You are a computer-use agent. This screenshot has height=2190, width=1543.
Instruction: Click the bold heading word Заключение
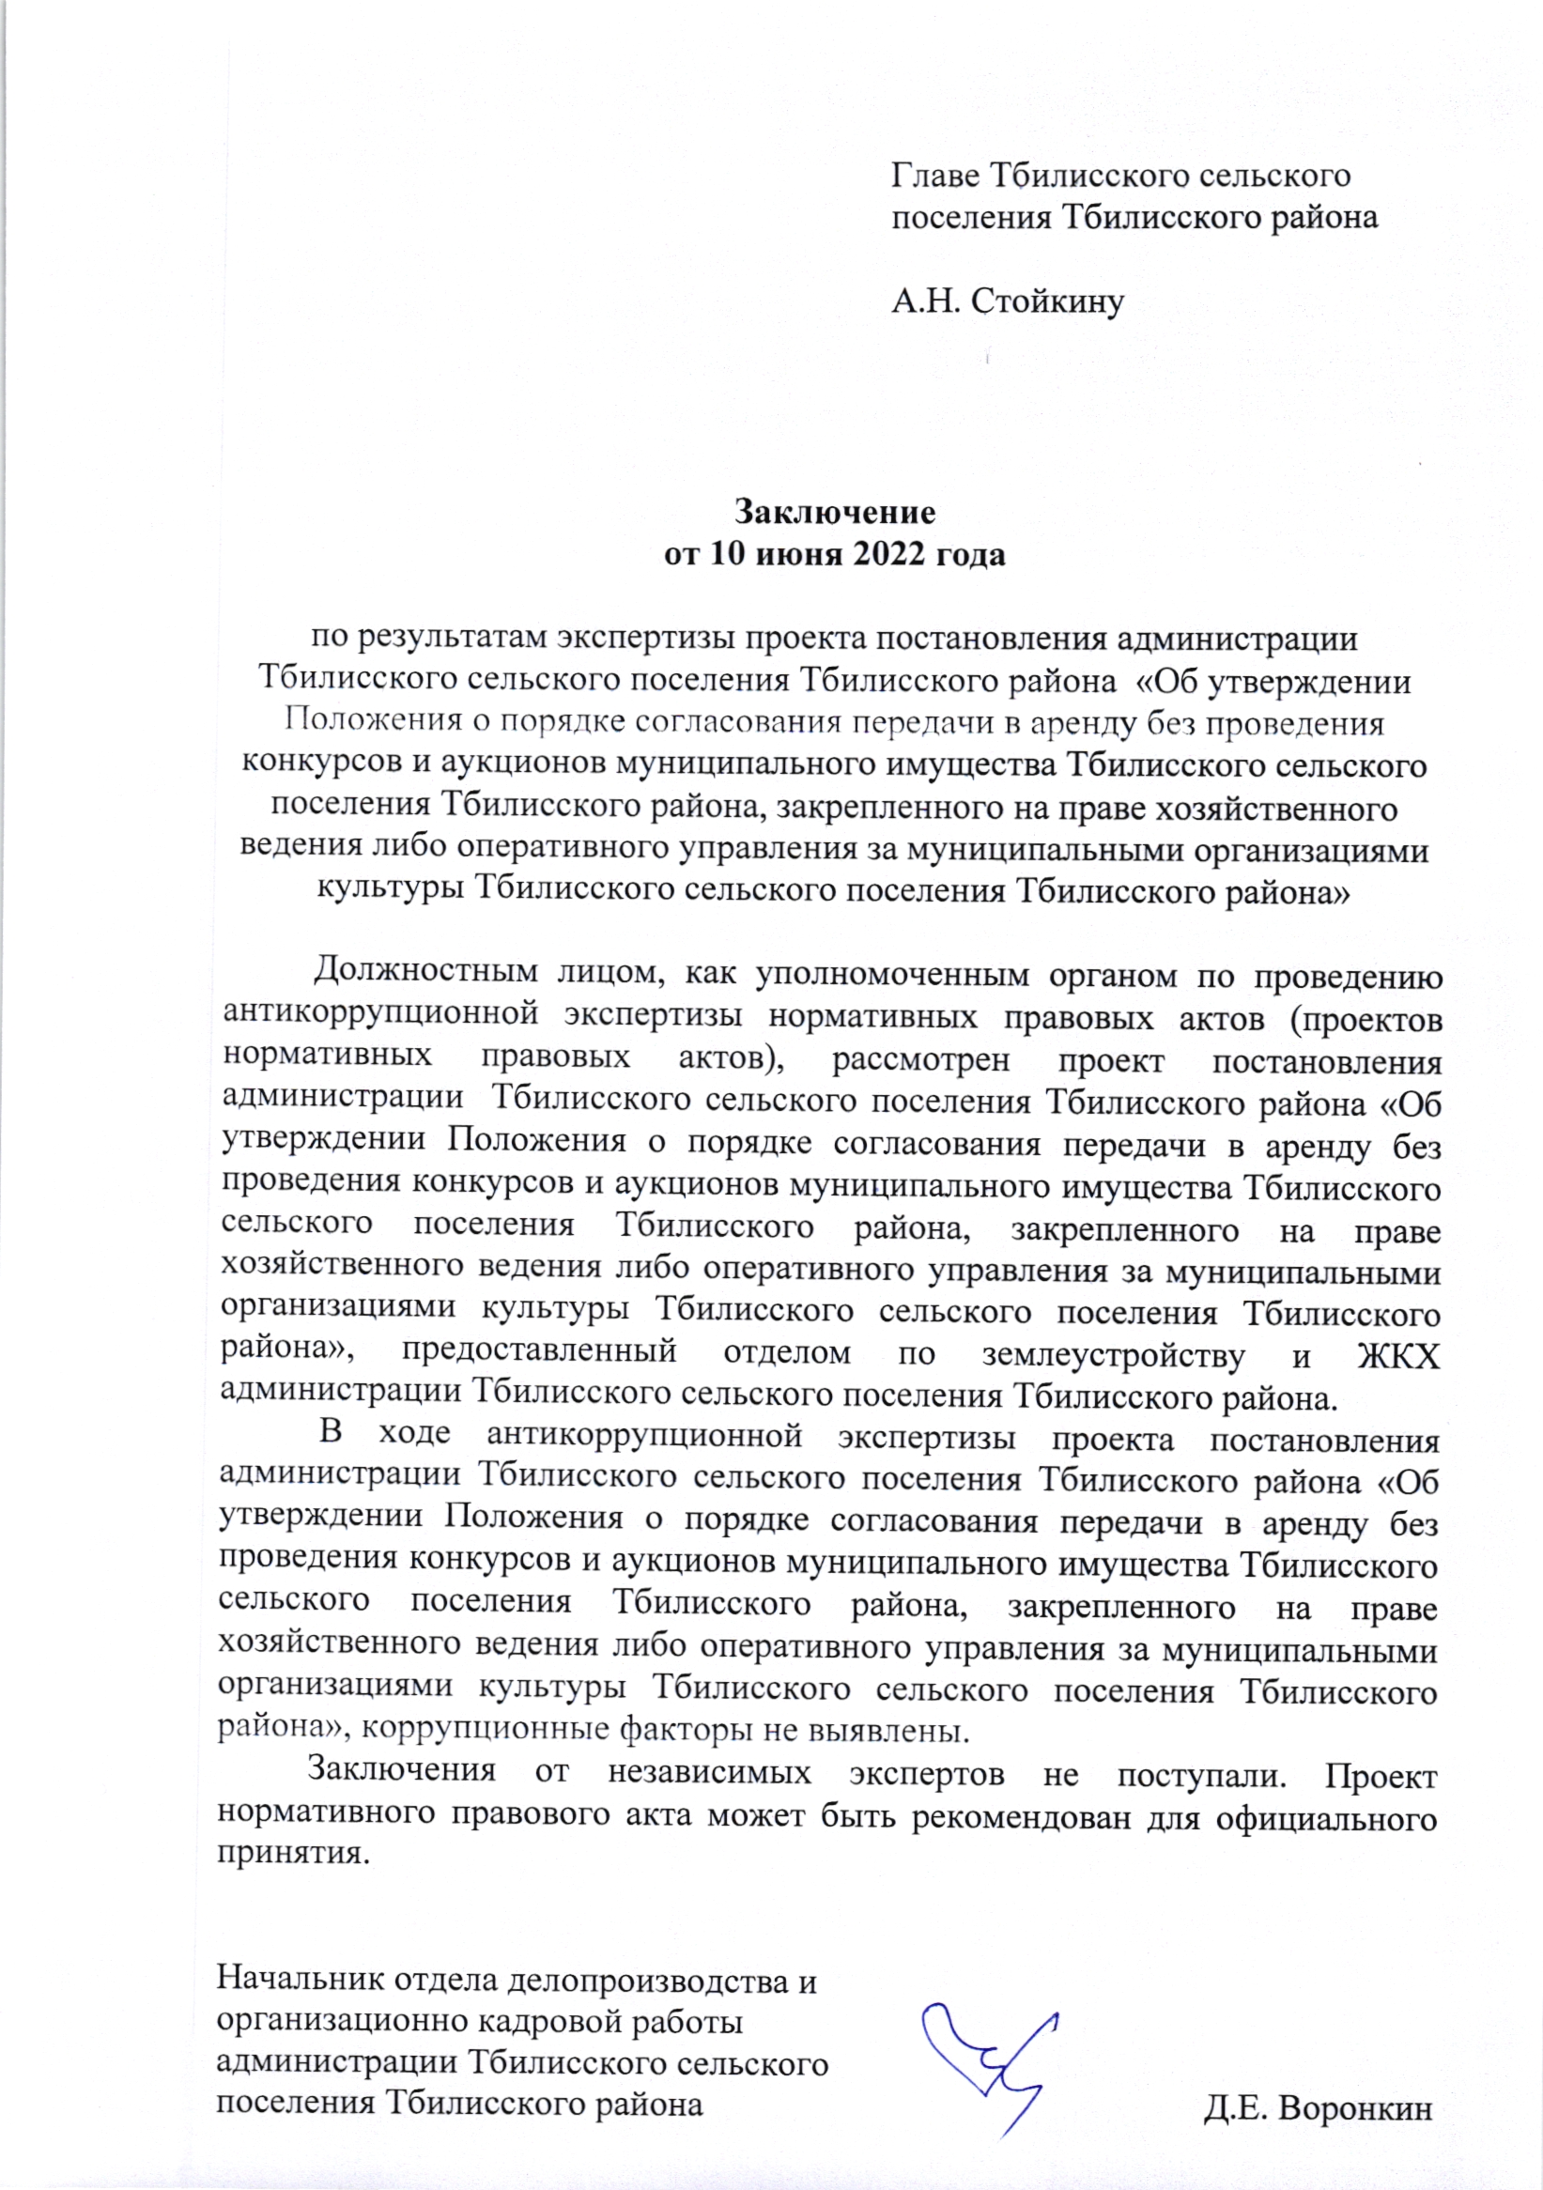coord(835,513)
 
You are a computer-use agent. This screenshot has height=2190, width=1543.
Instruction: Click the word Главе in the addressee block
coord(934,176)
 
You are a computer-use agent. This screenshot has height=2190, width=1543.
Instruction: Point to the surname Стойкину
coord(1048,302)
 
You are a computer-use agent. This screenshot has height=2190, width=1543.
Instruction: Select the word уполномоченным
coord(892,975)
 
